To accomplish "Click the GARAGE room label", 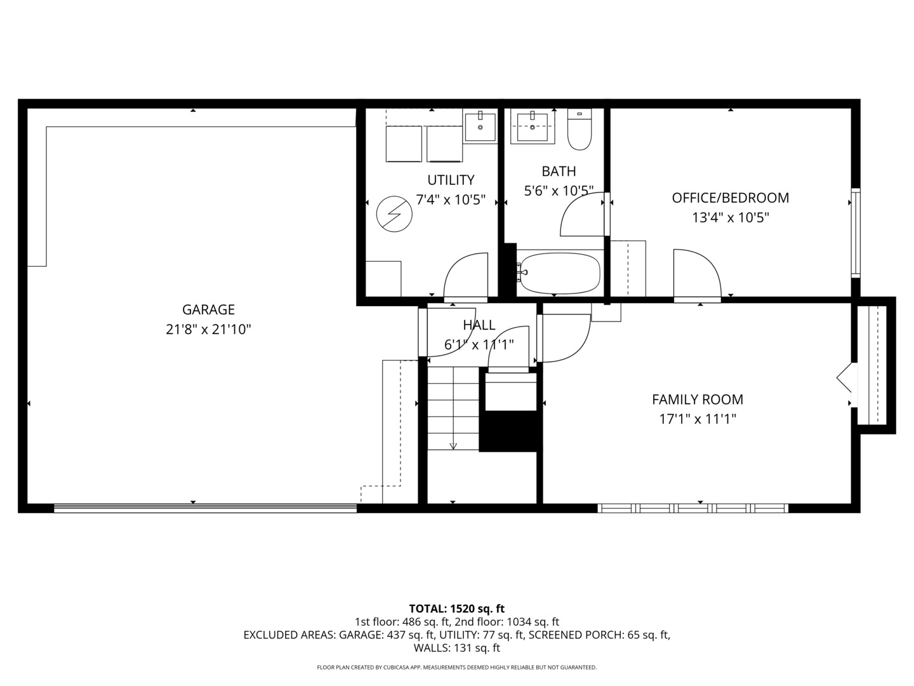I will coord(208,309).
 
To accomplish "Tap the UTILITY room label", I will coord(451,180).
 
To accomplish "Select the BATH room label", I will coord(559,171).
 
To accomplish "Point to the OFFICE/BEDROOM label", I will coord(730,198).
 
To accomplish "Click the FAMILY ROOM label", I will coord(697,400).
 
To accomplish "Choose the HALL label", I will coord(479,325).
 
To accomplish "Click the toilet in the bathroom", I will coord(579,130).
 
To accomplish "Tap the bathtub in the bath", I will coord(559,273).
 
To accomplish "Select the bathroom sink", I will coord(532,126).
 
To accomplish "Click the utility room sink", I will coord(480,126).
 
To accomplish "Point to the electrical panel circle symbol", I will coord(394,213).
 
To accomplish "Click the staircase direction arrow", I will coord(453,445).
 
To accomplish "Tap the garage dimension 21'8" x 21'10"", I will coord(208,330).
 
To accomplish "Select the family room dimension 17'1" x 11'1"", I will coord(697,419).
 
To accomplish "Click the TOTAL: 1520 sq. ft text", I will coord(456,609).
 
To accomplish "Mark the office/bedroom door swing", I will coord(696,274).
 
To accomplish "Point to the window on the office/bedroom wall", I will coord(856,232).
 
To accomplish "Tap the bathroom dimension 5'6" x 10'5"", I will coord(559,191).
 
